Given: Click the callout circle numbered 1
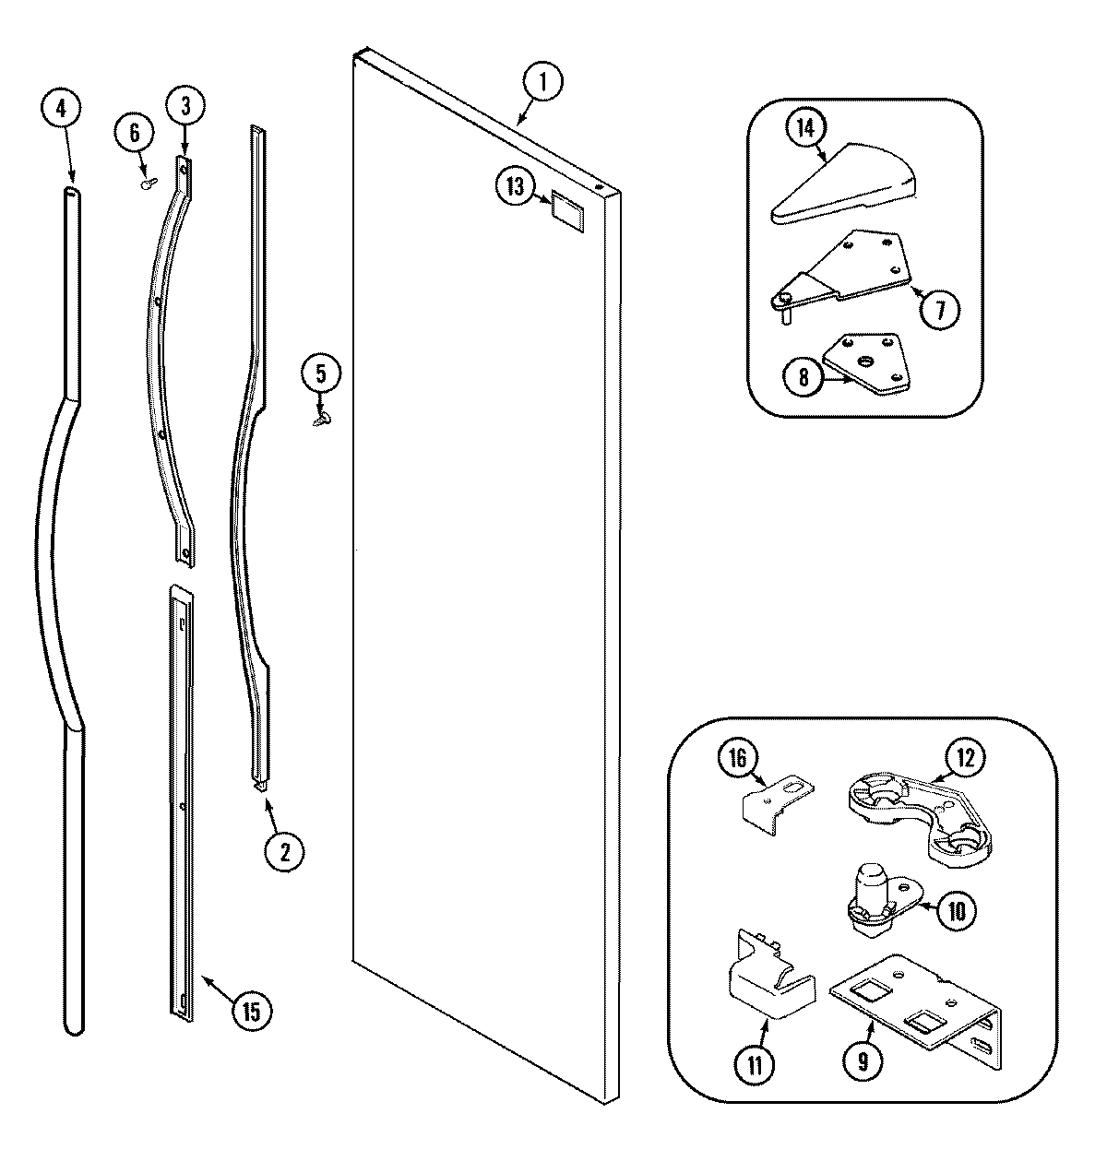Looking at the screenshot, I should click(542, 82).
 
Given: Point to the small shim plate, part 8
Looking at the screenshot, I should click(864, 365).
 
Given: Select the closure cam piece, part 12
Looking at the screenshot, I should click(917, 815).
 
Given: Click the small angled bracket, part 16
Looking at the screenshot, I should click(778, 798).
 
